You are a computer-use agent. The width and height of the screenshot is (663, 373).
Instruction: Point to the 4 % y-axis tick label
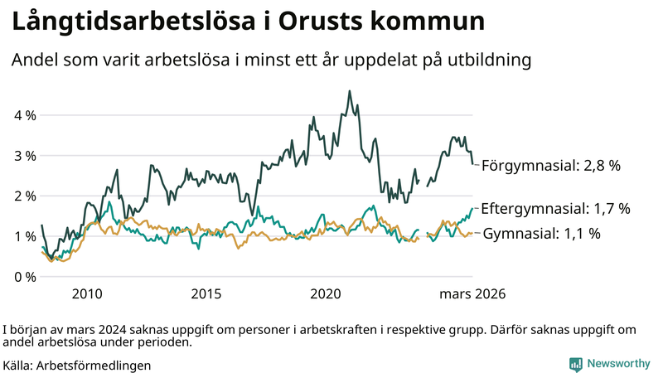coord(24,115)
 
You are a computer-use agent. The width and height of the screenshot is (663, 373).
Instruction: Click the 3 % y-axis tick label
coord(24,156)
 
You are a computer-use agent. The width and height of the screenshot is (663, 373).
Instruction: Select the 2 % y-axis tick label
coord(24,196)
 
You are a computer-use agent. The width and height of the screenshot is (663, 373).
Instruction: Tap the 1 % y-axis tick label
coord(24,236)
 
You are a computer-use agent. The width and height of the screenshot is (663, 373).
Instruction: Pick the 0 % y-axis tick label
coord(24,277)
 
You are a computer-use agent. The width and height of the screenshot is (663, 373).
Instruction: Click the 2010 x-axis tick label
coord(87,294)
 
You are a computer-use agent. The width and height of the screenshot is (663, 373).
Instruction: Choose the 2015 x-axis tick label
coord(206,294)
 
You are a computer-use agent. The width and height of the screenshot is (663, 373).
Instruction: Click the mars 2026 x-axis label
coord(472,294)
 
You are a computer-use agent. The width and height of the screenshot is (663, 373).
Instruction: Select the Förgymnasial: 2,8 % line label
coord(551,166)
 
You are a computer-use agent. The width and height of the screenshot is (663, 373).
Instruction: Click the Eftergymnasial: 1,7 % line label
coord(555,208)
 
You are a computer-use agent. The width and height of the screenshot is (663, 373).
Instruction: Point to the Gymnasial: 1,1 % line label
coord(542,234)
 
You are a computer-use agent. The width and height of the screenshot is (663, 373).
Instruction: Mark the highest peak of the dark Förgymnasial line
coord(350,91)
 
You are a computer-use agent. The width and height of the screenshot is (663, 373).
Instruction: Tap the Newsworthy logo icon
coord(575,363)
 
